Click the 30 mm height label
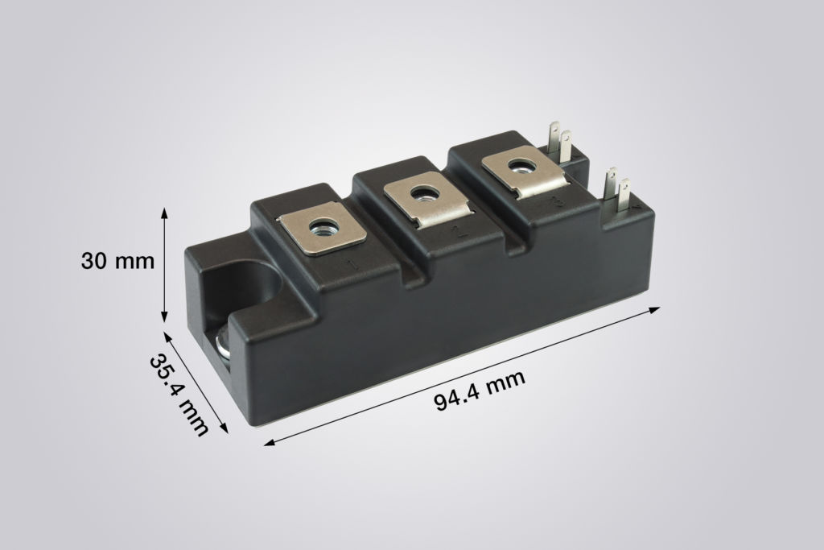click(118, 262)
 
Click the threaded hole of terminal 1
click(324, 227)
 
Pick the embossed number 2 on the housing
click(455, 234)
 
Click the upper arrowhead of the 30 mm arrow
click(165, 212)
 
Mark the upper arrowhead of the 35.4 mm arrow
click(167, 335)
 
